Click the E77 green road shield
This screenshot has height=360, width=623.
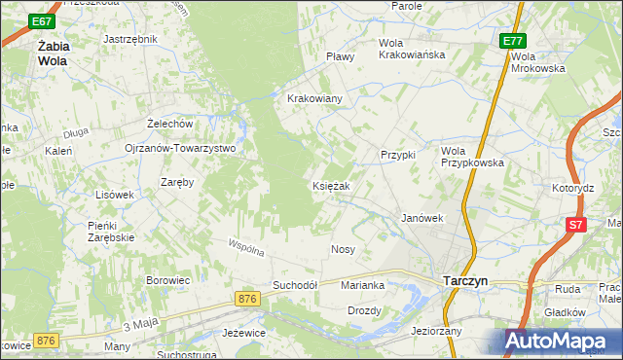point(514,41)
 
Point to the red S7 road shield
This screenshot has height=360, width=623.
point(576,226)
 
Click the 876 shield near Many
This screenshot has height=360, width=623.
point(46,340)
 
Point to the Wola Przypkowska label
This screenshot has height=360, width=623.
point(472,157)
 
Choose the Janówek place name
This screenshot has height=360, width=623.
point(422,219)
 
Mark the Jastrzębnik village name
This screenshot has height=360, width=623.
point(129,40)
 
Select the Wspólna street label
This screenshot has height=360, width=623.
point(246,249)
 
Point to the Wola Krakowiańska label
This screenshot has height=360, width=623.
point(412,49)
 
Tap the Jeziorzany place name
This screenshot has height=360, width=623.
point(437,331)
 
